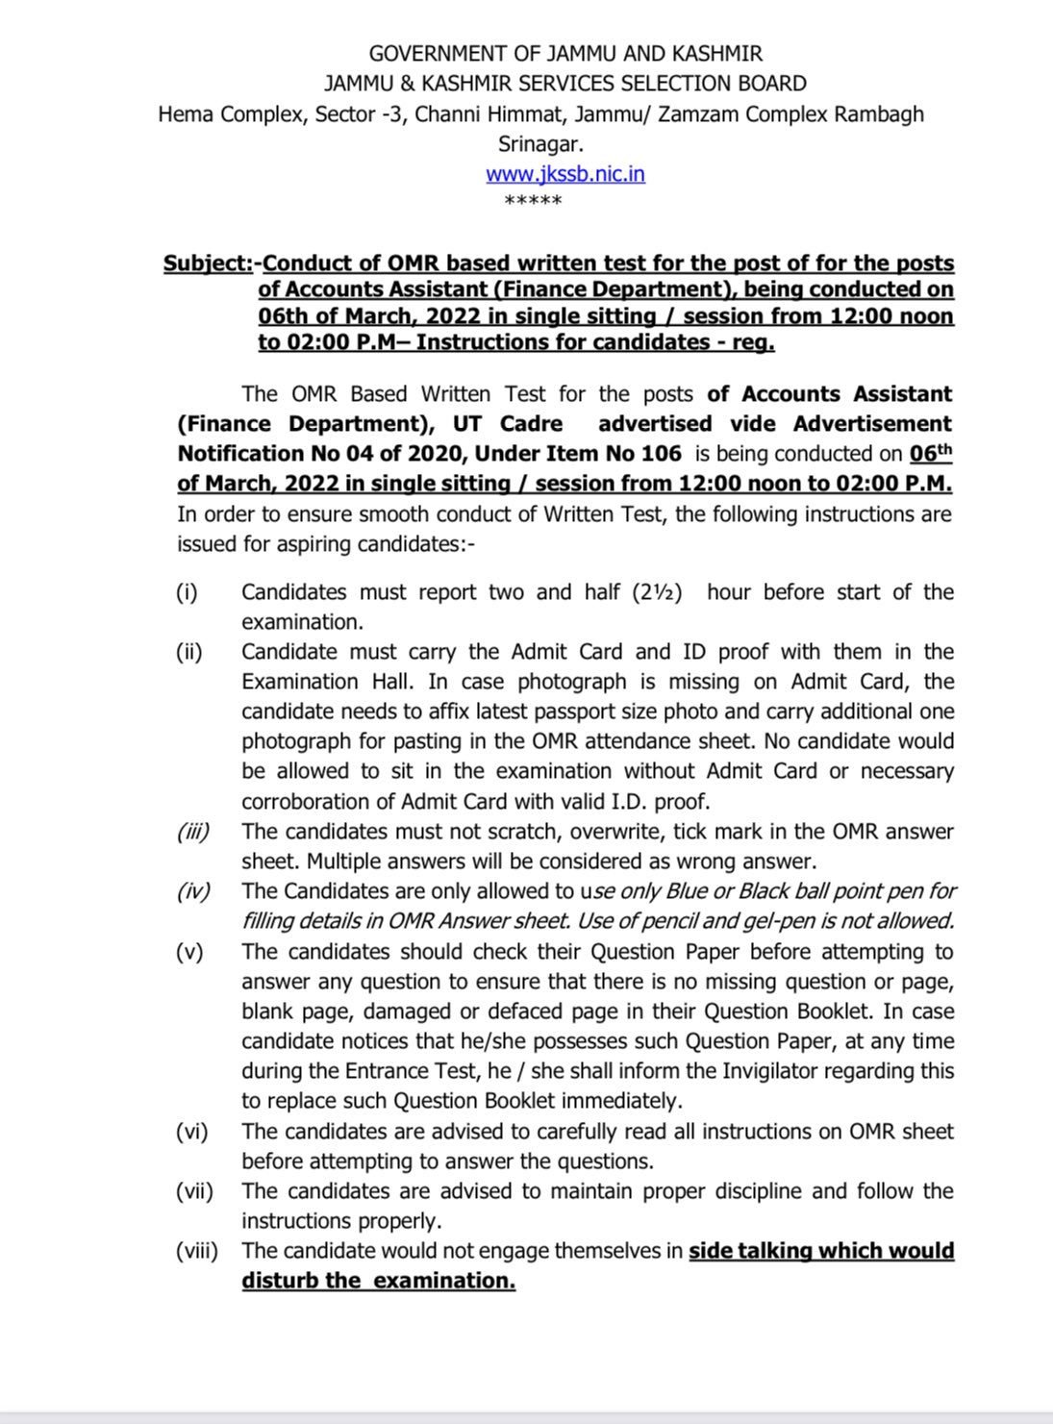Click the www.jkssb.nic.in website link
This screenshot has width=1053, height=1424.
click(x=564, y=174)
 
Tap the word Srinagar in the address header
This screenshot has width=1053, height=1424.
click(x=540, y=144)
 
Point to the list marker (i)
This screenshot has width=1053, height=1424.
click(x=187, y=592)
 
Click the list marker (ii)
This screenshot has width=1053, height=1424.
click(x=188, y=652)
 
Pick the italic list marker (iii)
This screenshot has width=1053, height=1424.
click(x=192, y=832)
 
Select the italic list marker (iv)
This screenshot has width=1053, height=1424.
click(x=192, y=891)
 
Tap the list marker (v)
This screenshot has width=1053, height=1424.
click(x=189, y=952)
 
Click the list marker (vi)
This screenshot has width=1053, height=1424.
click(x=191, y=1132)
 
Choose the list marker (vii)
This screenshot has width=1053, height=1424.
click(x=193, y=1191)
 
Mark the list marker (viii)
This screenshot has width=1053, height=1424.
click(x=196, y=1251)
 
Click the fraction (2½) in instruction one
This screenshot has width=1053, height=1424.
click(x=658, y=592)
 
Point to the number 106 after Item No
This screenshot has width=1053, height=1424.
click(x=660, y=453)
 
